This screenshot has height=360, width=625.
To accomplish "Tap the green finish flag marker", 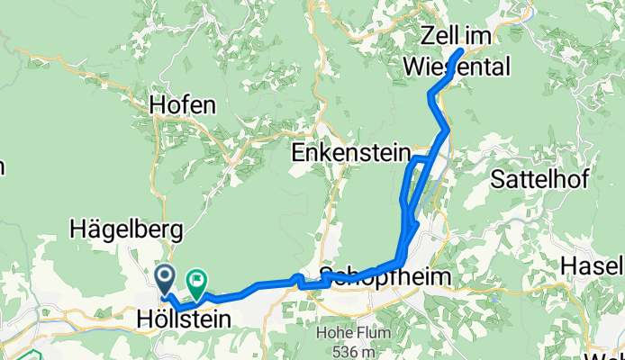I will coord(195,282).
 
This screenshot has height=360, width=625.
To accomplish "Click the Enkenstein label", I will coord(351,154).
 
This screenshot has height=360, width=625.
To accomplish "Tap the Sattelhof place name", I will coord(540,178).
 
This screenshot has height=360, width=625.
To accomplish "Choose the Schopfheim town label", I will coord(385,276).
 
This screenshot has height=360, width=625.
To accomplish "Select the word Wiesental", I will coord(457,67).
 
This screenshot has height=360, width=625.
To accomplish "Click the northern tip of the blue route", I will coord(461,49).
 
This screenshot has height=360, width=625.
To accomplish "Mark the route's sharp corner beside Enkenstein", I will coord(412,159).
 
